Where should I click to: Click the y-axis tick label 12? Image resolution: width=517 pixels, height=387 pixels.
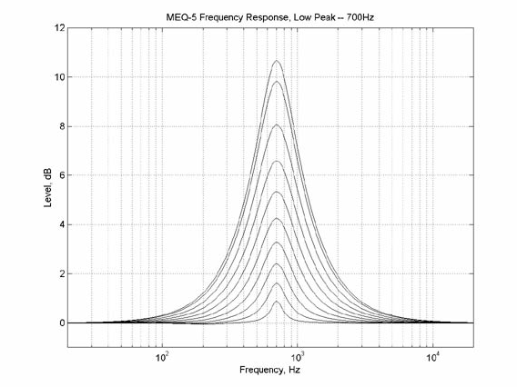click(59, 28)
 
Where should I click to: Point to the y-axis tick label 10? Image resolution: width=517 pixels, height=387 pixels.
click(59, 77)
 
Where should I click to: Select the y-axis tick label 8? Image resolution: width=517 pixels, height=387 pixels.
click(62, 126)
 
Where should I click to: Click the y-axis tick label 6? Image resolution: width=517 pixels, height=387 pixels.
click(62, 175)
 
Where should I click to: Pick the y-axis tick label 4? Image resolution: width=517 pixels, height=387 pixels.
click(62, 224)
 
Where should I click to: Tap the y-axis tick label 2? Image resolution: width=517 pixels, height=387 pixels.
click(62, 273)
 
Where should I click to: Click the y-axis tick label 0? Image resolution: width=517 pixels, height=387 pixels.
click(62, 322)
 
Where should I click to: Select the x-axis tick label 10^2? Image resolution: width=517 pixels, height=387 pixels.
click(162, 357)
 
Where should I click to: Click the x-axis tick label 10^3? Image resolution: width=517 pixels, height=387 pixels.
click(298, 357)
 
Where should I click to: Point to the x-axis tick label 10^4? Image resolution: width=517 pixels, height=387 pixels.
click(433, 357)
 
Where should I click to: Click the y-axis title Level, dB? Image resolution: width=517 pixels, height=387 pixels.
click(48, 187)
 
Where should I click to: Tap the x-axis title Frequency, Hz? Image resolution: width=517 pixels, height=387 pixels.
click(269, 370)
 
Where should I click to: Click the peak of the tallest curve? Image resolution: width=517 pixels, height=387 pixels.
click(277, 61)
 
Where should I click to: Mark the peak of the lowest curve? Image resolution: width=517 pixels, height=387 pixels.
click(277, 301)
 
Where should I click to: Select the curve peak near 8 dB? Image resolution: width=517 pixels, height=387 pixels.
click(277, 124)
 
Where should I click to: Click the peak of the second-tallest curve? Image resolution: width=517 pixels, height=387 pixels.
click(277, 81)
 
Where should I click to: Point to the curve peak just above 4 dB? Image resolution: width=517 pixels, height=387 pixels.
click(277, 218)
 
